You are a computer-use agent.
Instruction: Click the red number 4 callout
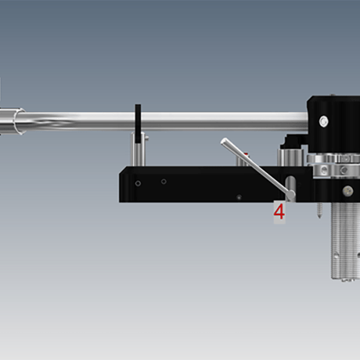(x=279, y=212)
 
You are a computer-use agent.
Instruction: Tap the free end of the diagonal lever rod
(x=224, y=142)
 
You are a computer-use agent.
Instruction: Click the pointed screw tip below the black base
(x=319, y=216)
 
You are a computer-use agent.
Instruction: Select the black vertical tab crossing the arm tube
(x=138, y=124)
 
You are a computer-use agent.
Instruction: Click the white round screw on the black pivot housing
(x=323, y=121)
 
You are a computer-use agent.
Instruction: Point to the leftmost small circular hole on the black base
(x=138, y=183)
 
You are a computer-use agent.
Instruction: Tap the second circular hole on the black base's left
(x=164, y=182)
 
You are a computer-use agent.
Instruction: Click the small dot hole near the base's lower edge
(x=239, y=197)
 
